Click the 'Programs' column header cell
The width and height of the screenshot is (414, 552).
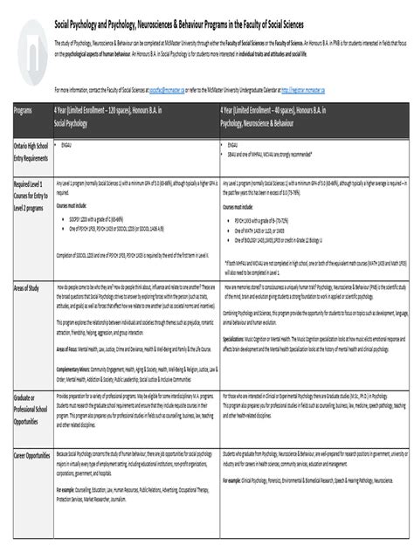(x=24, y=110)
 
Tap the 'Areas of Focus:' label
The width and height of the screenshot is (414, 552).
(x=70, y=348)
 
